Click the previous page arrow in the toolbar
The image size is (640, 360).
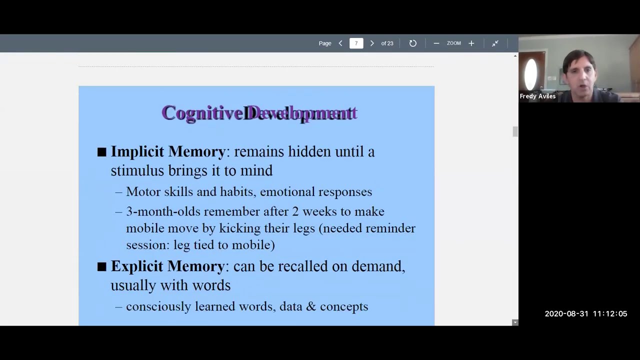340,43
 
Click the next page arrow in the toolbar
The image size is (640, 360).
371,43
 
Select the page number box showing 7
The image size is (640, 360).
356,43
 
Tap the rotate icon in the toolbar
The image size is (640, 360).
413,43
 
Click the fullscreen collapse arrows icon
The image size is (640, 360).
495,43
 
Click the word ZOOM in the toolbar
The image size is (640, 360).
453,43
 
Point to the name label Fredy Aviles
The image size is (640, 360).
537,96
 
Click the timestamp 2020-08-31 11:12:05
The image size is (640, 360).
585,314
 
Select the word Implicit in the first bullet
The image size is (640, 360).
137,151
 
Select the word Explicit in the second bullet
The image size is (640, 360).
137,266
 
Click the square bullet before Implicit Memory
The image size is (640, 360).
102,152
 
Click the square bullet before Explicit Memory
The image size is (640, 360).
102,266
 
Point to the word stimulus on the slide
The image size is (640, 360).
137,171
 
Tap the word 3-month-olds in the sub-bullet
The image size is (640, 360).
162,211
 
